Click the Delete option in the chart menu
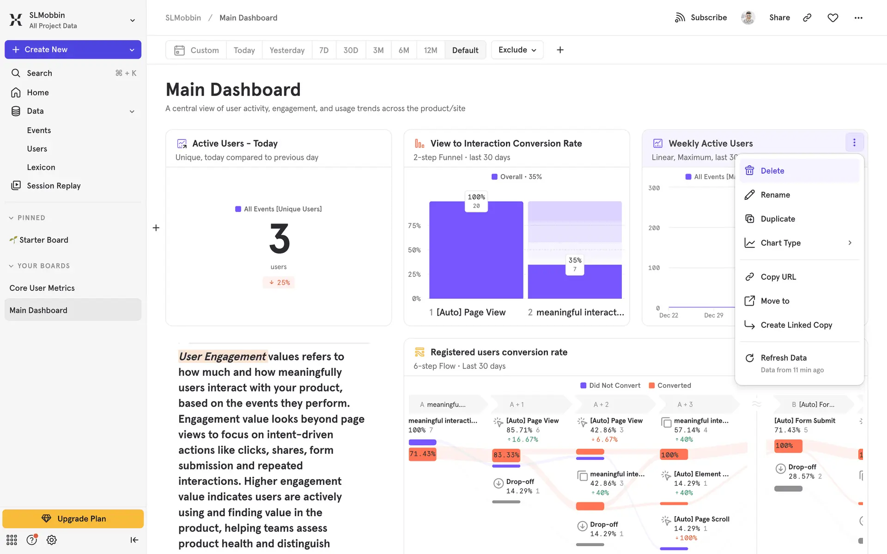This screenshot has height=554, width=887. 772,171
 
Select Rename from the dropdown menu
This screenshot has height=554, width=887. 775,195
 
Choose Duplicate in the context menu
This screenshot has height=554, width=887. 778,219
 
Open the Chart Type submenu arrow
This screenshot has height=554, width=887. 850,243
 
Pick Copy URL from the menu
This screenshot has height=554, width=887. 778,277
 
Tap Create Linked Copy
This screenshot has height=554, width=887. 796,325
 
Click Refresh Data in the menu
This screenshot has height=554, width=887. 784,358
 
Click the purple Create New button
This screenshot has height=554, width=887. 73,49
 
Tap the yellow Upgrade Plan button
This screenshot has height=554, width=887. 73,518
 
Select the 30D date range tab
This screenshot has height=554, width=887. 351,50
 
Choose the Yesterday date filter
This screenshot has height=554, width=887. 287,50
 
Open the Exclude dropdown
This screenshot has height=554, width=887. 517,50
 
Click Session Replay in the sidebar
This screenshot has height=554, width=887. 54,186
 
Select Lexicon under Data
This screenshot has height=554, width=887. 41,167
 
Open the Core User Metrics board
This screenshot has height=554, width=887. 42,288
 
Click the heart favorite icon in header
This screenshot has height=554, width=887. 832,18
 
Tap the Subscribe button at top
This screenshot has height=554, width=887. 701,18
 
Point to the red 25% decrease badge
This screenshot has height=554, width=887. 279,283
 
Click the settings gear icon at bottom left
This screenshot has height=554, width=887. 52,540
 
